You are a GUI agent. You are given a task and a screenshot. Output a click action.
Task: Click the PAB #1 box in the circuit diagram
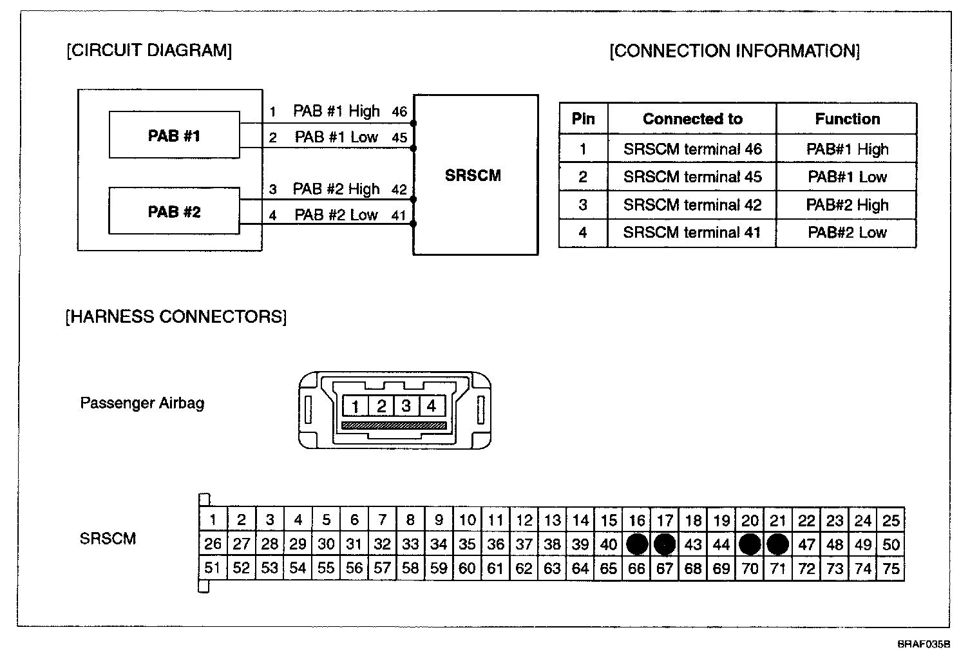(174, 135)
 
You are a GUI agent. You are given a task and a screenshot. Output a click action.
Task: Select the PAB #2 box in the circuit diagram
(174, 211)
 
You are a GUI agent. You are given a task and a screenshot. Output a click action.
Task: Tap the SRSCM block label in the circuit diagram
(473, 175)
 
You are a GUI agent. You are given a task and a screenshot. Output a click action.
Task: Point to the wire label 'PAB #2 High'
(336, 189)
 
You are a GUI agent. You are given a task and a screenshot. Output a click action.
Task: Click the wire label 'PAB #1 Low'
(336, 137)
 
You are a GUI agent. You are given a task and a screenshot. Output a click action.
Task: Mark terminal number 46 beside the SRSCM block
(399, 112)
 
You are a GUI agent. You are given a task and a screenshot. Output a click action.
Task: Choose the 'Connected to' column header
(692, 119)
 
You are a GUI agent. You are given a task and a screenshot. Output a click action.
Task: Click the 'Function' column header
(847, 119)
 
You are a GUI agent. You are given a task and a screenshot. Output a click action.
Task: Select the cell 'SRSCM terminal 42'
(692, 205)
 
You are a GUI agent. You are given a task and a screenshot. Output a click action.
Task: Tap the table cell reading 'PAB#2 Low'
(847, 233)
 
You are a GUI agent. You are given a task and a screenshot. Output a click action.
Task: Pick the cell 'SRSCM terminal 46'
(692, 149)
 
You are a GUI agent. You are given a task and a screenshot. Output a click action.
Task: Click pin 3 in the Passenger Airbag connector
(406, 407)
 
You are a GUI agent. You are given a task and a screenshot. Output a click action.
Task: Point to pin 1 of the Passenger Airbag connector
(355, 407)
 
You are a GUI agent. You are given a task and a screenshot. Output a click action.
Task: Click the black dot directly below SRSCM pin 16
(637, 544)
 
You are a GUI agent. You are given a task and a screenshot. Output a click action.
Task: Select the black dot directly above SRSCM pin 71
(778, 544)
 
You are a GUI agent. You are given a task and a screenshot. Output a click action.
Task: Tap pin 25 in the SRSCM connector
(891, 521)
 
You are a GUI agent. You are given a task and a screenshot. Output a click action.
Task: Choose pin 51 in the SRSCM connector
(213, 568)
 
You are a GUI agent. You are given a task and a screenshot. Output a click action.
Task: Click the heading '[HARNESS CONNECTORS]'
(176, 317)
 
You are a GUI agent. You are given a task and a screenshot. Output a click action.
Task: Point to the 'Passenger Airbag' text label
(142, 403)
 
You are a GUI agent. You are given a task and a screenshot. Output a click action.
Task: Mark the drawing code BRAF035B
(924, 644)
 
